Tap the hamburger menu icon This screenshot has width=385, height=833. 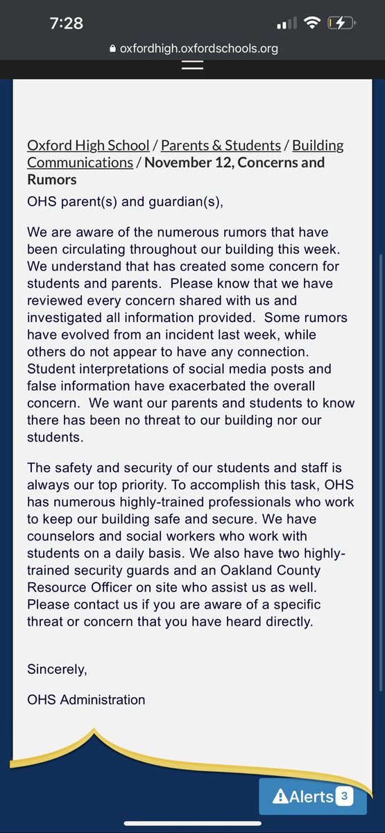192,65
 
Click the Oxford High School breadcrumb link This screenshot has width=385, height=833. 88,145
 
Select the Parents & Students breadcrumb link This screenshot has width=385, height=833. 221,145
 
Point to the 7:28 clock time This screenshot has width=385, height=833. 67,23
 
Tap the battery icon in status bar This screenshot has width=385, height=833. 341,23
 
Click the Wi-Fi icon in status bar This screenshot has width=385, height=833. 313,23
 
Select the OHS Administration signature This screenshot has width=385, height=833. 86,700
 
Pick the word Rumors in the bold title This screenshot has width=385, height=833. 52,179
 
